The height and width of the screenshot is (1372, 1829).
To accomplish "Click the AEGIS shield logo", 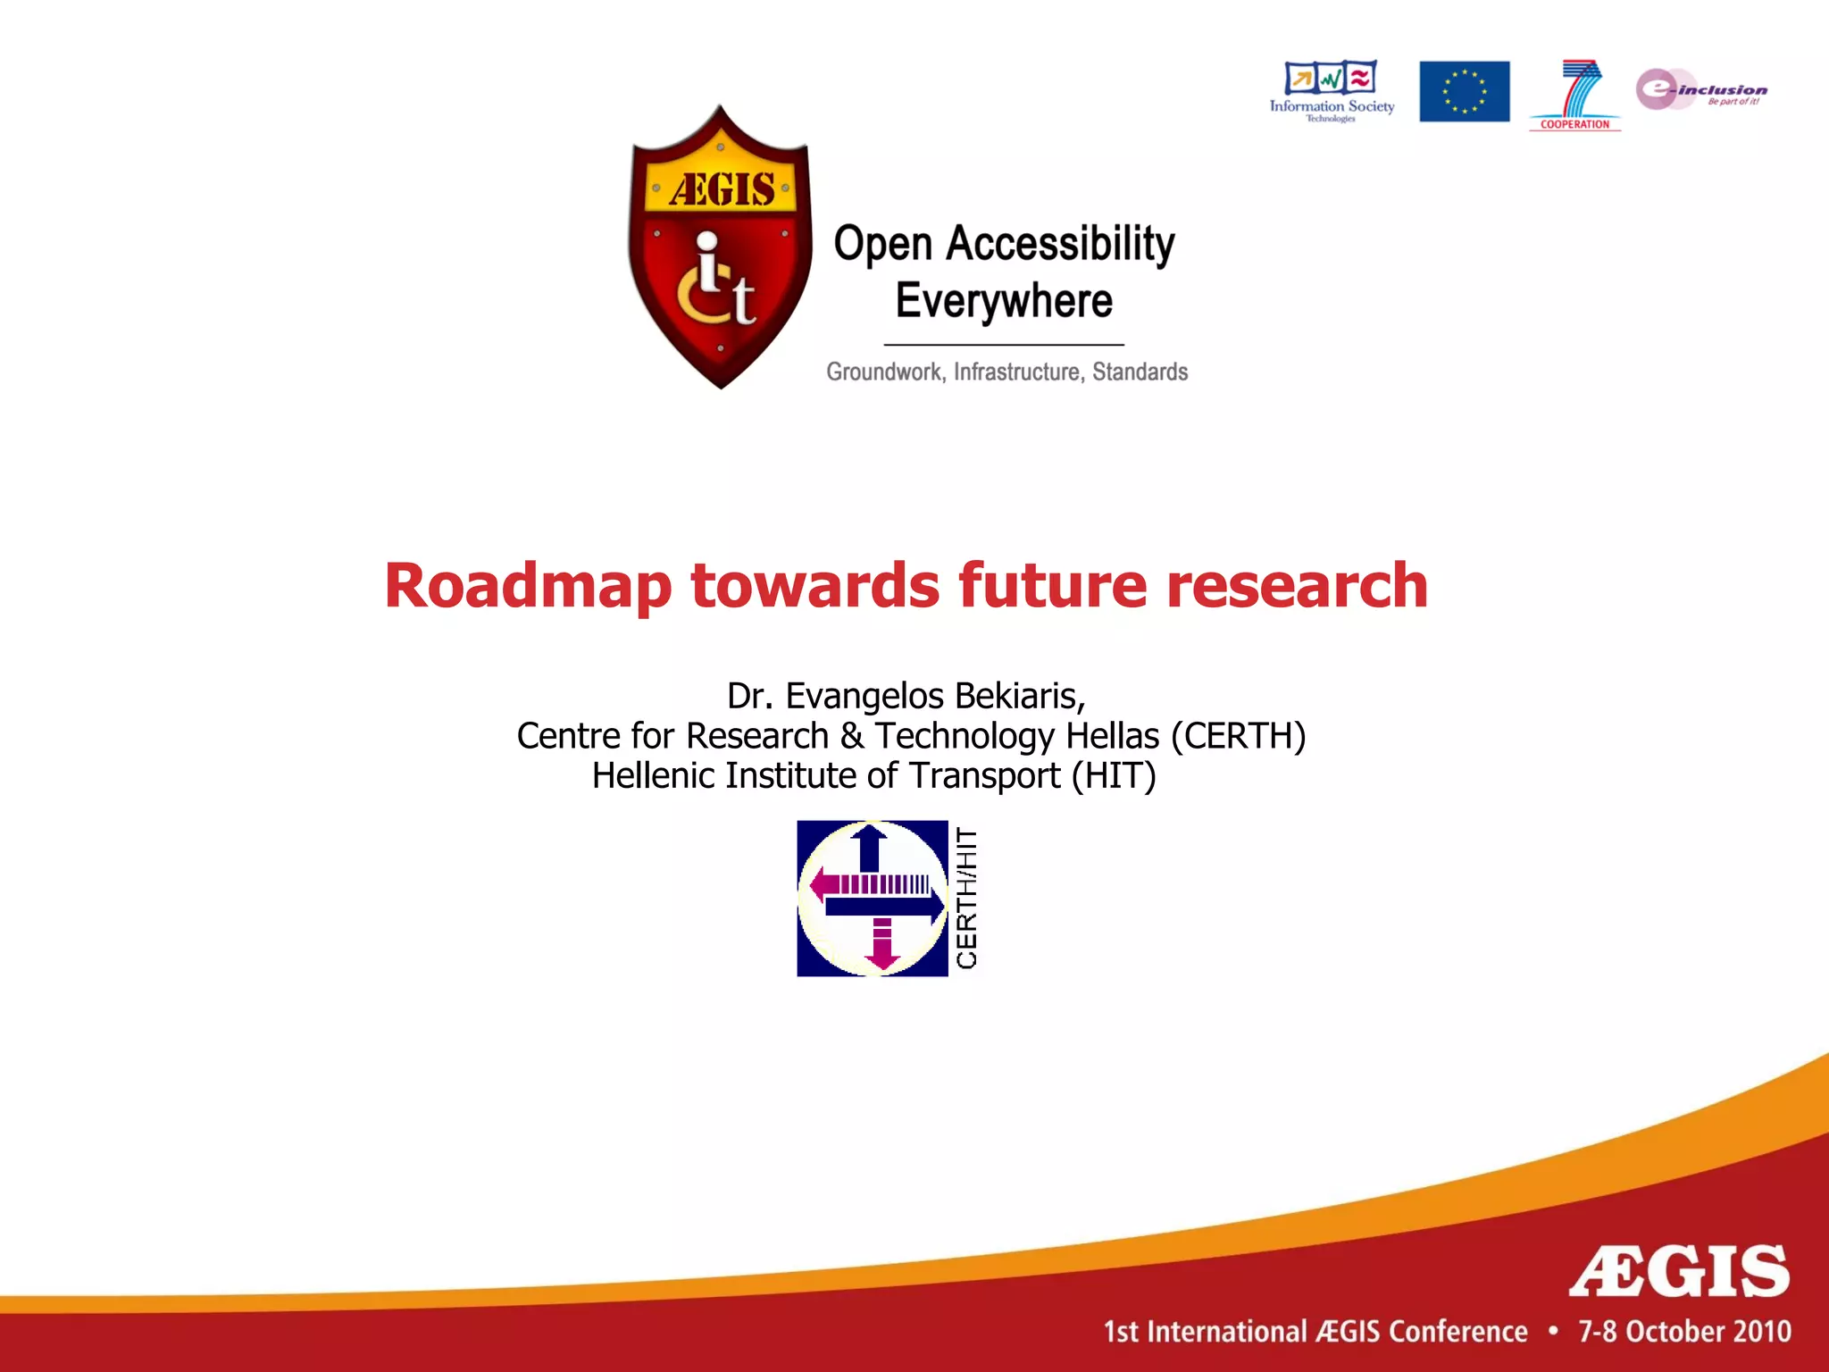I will pos(720,248).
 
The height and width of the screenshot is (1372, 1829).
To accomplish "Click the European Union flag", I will pos(1464,91).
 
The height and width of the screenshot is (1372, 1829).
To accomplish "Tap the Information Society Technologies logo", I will pos(1331,90).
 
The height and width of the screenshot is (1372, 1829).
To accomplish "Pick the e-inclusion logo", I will pos(1700,89).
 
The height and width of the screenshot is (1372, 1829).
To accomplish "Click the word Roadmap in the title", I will pos(528,586).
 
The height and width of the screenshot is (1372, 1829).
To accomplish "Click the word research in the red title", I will pos(1297,586).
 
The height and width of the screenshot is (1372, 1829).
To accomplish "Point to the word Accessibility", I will pos(1060,244).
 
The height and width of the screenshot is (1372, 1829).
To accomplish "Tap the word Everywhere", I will pos(1004,301).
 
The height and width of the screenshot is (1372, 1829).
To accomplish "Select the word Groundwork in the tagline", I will pos(884,372).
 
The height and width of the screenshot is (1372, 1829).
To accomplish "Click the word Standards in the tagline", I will pos(1140,372).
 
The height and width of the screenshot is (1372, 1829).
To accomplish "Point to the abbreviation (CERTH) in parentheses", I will pos(1238,736).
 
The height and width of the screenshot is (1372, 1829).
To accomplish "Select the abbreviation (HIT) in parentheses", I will pos(1114,775).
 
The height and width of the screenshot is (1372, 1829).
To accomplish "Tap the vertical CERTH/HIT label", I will pos(967,898).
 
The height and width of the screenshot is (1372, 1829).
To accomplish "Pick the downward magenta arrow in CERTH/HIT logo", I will pos(882,944).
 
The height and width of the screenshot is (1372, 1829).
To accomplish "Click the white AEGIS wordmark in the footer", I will pos(1679,1271).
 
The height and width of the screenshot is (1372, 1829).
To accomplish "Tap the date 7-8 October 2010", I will pos(1684,1332).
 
